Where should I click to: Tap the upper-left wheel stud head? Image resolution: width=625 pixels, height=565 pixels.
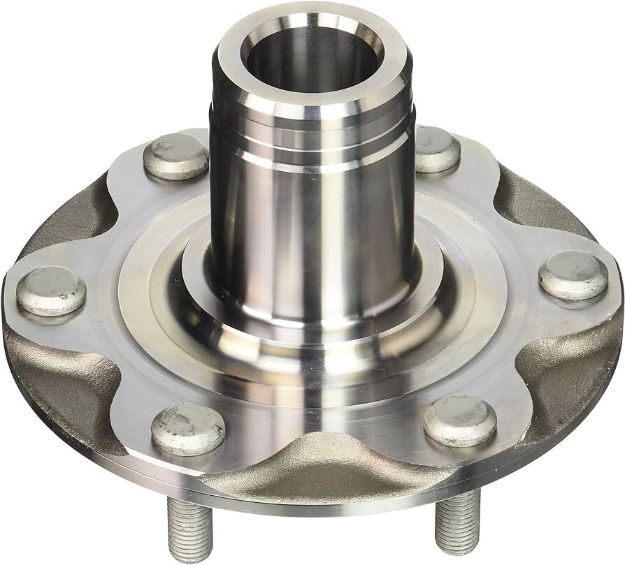point(175,157)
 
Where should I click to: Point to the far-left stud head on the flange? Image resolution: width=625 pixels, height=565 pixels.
point(51,290)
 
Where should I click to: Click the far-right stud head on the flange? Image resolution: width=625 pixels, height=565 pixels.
point(573,274)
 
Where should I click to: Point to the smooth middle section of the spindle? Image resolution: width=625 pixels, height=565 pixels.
point(313,223)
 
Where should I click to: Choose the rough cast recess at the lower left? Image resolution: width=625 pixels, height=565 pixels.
point(70,377)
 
